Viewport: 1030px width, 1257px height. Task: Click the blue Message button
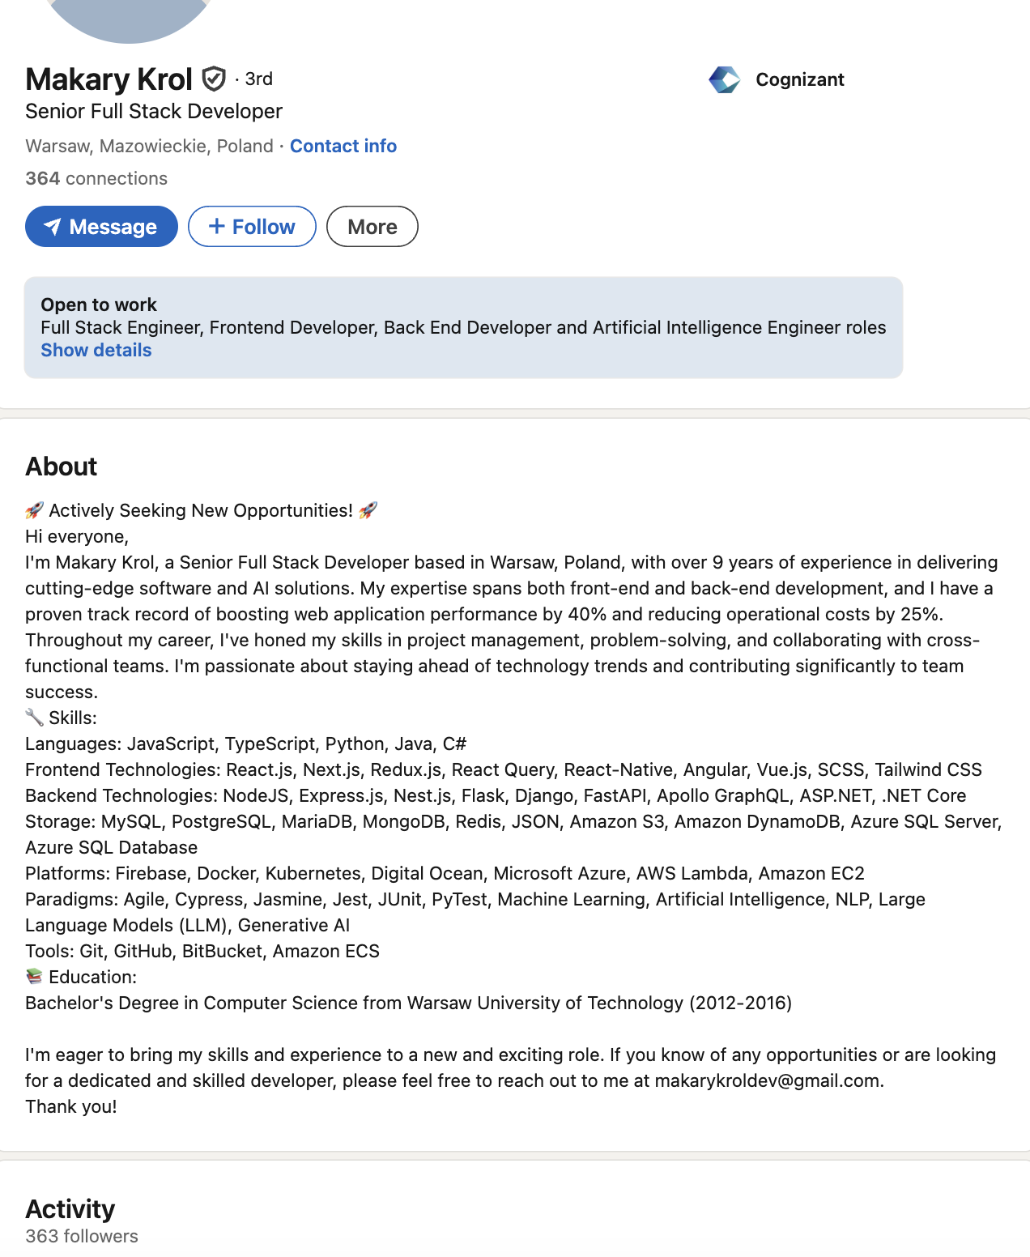tap(101, 227)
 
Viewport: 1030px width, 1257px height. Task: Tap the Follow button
tap(252, 227)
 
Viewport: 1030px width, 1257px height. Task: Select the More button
tap(372, 227)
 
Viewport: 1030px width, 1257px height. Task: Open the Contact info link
tap(343, 146)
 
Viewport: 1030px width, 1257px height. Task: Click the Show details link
tap(96, 350)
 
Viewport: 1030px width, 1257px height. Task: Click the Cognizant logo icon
tap(724, 79)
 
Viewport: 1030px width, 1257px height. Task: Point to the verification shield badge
tap(214, 79)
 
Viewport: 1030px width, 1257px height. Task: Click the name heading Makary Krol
tap(109, 79)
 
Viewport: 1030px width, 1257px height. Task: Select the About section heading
tap(62, 467)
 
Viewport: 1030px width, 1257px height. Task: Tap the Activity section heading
tap(70, 1208)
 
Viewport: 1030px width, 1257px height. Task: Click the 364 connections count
tap(96, 178)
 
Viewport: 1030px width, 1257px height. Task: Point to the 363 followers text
tap(82, 1236)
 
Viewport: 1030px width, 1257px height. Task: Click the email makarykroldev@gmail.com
tap(767, 1080)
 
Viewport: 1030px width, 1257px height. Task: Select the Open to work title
tap(99, 305)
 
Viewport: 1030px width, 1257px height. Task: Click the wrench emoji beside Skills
tap(34, 718)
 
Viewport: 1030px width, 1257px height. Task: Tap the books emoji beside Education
tap(34, 977)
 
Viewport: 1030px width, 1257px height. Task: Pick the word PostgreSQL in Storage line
tap(221, 821)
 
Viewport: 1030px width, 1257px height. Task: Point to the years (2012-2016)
tap(740, 1003)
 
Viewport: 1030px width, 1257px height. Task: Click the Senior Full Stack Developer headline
tap(154, 111)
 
